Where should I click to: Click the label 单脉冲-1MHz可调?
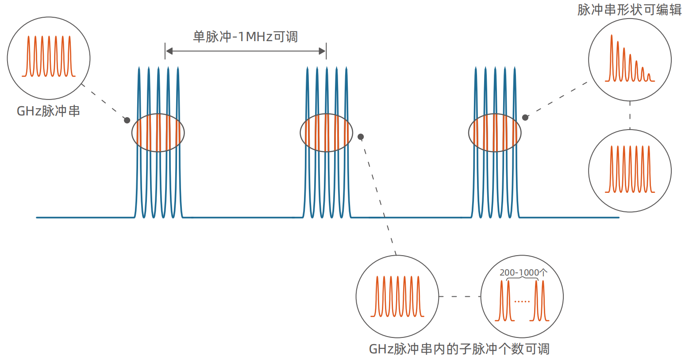[245, 36]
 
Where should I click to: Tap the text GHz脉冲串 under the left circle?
[48, 111]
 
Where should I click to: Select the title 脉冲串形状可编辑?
[629, 10]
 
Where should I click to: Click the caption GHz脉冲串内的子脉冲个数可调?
[459, 349]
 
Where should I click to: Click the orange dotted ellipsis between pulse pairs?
[522, 302]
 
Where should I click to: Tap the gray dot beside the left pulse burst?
[127, 120]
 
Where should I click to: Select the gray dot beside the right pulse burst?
[525, 118]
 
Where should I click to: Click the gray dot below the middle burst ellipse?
[361, 137]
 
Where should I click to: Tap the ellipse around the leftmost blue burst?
[158, 133]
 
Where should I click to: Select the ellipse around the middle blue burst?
[327, 133]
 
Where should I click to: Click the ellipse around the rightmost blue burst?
[495, 133]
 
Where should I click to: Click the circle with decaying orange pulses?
[630, 59]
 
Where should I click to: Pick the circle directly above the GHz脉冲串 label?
[49, 58]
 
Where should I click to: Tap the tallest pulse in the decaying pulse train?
[612, 57]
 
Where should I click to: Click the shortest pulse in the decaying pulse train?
[649, 77]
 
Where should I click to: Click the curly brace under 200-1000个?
[522, 279]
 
